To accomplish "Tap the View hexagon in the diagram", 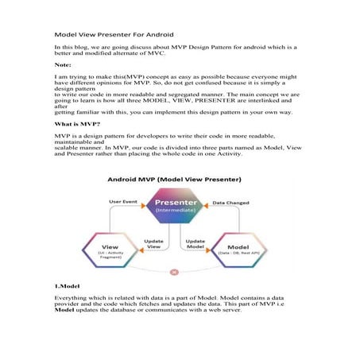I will tap(115, 249).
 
